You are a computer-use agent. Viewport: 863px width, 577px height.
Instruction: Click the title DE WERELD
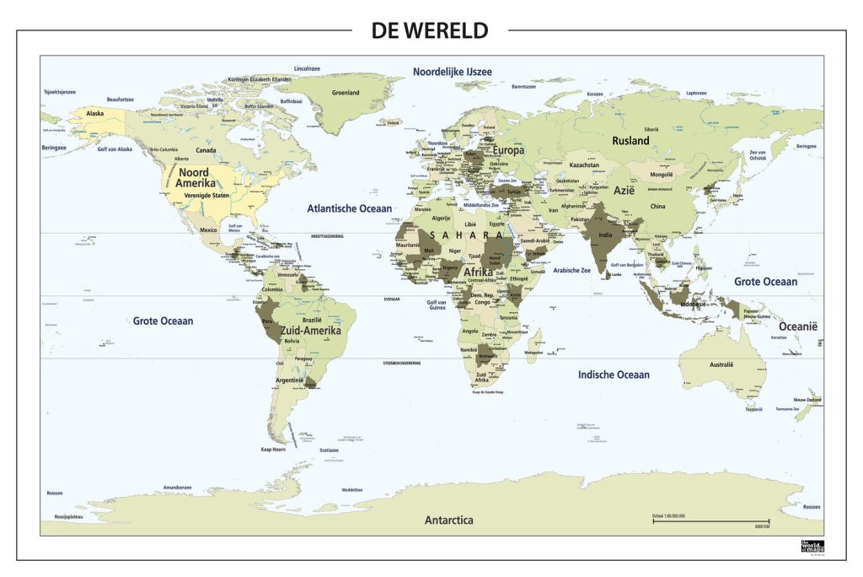(x=430, y=31)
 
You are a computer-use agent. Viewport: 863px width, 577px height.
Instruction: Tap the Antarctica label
(x=448, y=520)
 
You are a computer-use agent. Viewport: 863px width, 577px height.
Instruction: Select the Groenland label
(x=346, y=93)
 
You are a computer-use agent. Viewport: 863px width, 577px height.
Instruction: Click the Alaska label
(x=95, y=113)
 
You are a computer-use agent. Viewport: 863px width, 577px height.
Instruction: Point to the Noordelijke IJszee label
(x=452, y=73)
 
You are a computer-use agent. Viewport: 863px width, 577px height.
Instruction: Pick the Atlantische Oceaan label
(x=349, y=208)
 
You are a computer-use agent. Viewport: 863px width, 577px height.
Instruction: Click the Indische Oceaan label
(x=614, y=374)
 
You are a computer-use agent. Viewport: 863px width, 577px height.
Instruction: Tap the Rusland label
(x=630, y=141)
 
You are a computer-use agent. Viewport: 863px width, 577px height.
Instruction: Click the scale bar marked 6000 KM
(x=710, y=521)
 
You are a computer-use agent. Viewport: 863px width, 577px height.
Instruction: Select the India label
(x=605, y=236)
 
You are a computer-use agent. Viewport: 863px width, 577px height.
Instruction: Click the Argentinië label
(x=290, y=380)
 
